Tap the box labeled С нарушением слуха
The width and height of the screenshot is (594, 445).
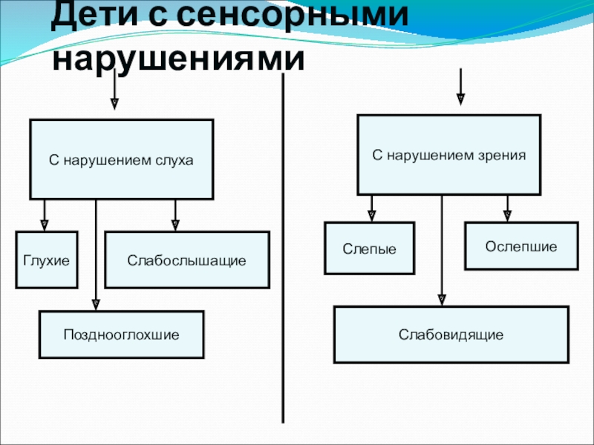[121, 159]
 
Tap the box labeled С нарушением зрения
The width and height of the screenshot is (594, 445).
[448, 155]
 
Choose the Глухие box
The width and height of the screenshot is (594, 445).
[47, 260]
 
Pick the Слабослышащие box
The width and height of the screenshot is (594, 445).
[186, 260]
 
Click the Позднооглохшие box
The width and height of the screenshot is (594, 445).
[121, 334]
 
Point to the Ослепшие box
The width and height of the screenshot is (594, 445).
[521, 245]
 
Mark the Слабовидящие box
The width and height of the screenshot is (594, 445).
[451, 335]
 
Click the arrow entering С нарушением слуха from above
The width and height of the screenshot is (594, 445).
[114, 93]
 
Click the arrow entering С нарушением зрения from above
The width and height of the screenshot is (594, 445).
[460, 85]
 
